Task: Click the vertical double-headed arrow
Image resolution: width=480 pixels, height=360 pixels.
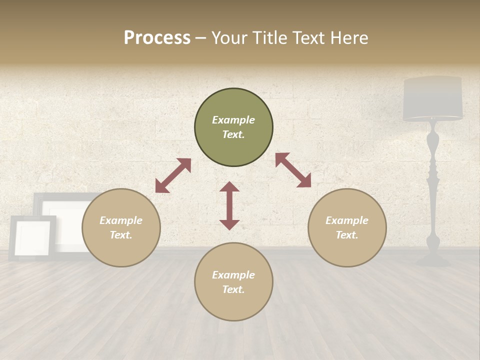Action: coord(229,205)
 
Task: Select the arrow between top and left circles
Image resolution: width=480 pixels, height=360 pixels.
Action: coord(173,175)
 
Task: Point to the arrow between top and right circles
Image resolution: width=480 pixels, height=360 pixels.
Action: coord(293,170)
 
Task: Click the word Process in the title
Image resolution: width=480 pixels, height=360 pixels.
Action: coord(157,37)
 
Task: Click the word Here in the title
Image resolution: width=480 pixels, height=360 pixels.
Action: coord(349,37)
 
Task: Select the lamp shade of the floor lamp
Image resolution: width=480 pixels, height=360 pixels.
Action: coord(433,98)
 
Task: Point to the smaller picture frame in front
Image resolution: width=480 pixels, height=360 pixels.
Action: coord(32,237)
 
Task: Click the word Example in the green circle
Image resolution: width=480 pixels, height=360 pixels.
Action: coord(233,120)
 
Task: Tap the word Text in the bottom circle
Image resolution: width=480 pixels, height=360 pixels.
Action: coord(232,289)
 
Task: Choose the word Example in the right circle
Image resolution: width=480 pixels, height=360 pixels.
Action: coord(347,220)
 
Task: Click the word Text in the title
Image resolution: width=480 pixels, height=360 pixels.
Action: coord(306,37)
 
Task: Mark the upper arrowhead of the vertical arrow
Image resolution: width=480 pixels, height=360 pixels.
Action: coord(229,187)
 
